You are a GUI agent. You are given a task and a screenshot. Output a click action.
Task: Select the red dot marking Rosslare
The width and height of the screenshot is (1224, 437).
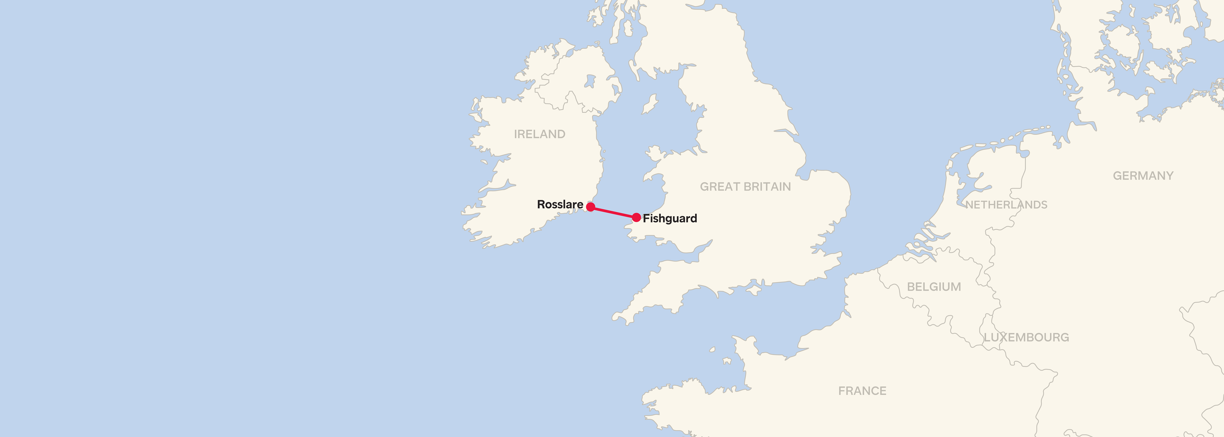[590, 207]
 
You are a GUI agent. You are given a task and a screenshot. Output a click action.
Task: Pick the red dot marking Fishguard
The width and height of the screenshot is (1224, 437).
[636, 218]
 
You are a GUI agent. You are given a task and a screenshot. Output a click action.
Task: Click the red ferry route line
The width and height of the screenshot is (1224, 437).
[613, 212]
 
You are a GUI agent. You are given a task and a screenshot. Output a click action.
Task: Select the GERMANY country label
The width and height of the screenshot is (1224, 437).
[1143, 176]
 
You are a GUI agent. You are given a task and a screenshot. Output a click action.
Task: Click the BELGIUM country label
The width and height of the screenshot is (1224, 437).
[934, 287]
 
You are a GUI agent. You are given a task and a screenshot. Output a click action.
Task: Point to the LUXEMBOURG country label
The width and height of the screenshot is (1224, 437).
[1026, 337]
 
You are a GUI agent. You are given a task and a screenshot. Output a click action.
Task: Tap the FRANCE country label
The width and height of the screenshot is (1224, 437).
[862, 391]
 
